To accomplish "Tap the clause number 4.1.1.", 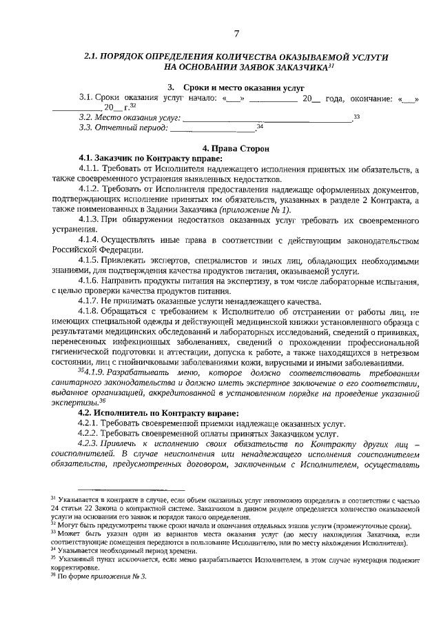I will coord(92,168).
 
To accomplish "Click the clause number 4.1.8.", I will coord(92,311).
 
